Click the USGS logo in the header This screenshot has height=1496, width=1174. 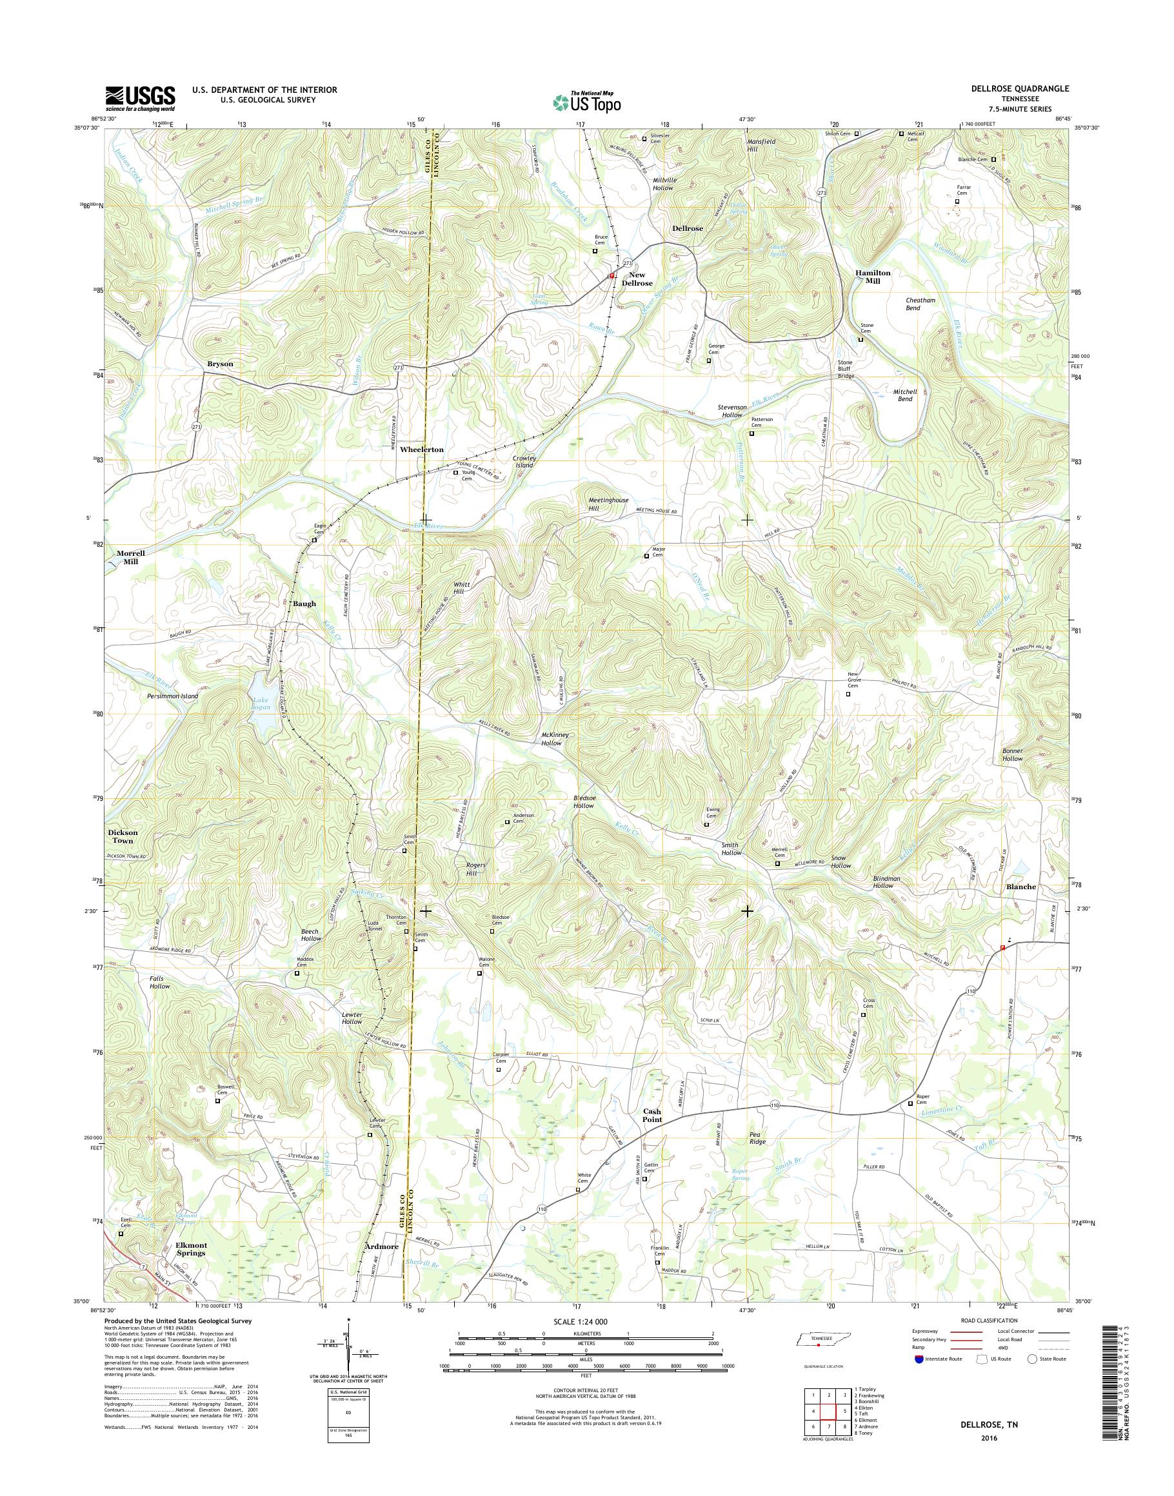click(x=139, y=98)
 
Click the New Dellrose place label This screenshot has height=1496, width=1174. click(x=637, y=279)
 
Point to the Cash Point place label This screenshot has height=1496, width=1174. click(x=652, y=1115)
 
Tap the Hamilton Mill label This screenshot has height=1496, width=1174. click(x=872, y=276)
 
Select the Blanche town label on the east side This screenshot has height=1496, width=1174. click(x=1020, y=887)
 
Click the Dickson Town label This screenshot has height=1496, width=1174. click(x=123, y=836)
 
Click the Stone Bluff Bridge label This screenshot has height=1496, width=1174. click(x=845, y=369)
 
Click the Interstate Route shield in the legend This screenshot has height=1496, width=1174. click(x=919, y=1359)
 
